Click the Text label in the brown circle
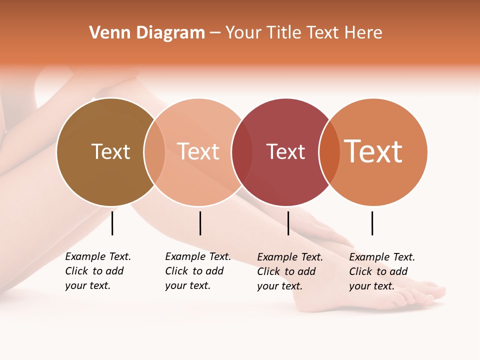(110, 151)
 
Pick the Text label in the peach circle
(198, 151)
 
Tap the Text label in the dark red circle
(285, 152)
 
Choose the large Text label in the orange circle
(373, 151)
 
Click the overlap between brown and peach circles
(154, 152)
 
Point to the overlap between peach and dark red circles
(242, 152)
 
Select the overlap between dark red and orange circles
(329, 152)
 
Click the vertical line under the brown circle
(112, 223)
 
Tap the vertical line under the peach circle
(200, 223)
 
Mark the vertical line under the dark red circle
(288, 223)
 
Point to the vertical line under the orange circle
(372, 223)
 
